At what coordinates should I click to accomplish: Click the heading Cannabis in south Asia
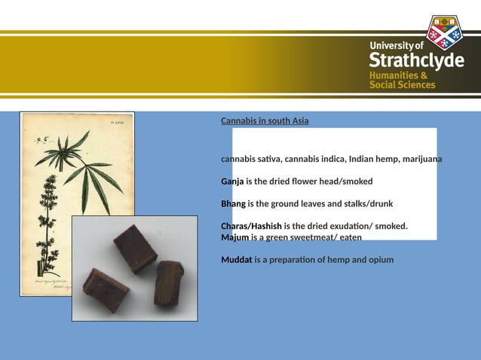(265, 121)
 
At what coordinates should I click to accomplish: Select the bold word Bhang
(233, 204)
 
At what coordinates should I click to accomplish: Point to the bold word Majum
(234, 237)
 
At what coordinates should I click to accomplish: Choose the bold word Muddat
(236, 260)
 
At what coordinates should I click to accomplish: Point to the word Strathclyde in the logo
(416, 61)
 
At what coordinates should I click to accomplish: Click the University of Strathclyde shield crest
(443, 32)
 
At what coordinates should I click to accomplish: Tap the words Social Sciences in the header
(402, 85)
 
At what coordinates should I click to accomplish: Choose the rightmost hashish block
(169, 282)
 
